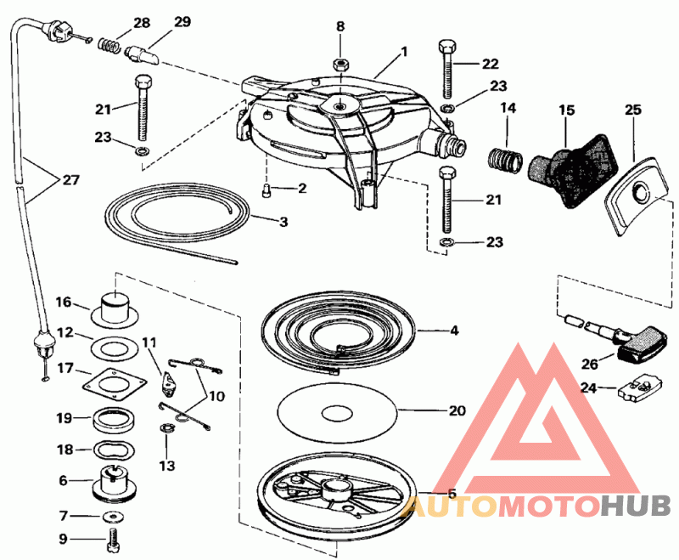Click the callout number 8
click(340, 26)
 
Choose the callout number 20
click(457, 410)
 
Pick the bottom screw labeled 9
click(113, 536)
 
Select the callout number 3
click(283, 222)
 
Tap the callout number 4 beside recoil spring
click(454, 329)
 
